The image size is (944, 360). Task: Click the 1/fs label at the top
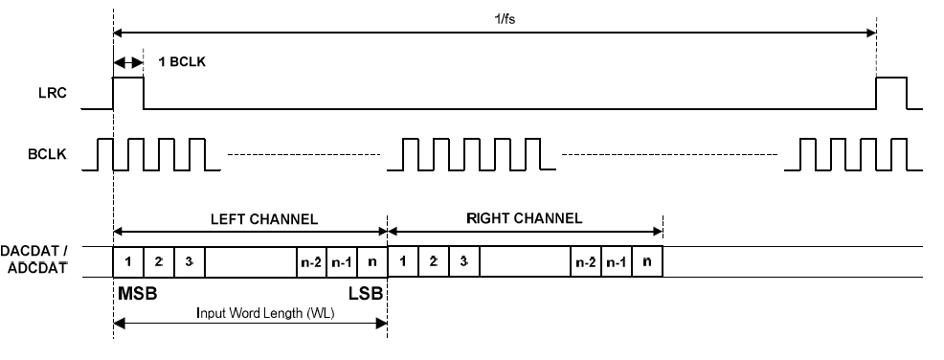[x=506, y=18]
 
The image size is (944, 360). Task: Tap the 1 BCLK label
[x=182, y=61]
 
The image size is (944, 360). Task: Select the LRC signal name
[x=52, y=93]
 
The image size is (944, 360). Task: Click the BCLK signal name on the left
[x=48, y=154]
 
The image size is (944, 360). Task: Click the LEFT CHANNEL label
[x=263, y=219]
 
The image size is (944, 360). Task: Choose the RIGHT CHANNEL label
[x=525, y=218]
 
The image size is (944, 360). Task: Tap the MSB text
[x=137, y=294]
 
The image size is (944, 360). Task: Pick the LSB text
[x=366, y=294]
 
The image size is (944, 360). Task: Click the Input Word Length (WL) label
[x=265, y=313]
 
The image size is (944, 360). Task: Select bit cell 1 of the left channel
[x=128, y=262]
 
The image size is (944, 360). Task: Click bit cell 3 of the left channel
[x=190, y=262]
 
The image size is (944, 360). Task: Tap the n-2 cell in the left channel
[x=311, y=262]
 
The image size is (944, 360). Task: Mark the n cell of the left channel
[x=372, y=262]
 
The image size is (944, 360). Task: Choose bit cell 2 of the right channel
[x=434, y=262]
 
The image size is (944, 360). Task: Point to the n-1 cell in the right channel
[x=617, y=262]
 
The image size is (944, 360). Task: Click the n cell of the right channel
[x=647, y=262]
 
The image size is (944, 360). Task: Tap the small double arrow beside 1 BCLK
[x=128, y=62]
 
